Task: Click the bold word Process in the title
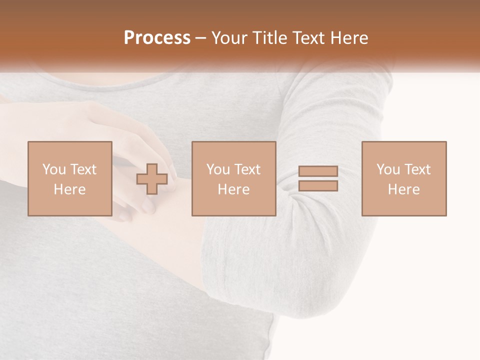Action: pos(157,38)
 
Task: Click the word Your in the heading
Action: pos(228,38)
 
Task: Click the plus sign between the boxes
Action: pos(152,179)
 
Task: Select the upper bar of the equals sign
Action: pos(318,171)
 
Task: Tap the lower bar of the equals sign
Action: pos(318,186)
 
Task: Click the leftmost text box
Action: pos(69,178)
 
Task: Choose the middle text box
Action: pos(233,178)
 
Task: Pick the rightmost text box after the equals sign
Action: pos(403,178)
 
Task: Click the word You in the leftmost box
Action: pos(53,169)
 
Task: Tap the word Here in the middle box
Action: pos(233,189)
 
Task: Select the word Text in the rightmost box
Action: pos(417,169)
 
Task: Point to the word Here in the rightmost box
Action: pos(403,189)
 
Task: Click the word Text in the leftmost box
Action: pos(83,169)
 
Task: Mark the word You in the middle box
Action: pos(217,169)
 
